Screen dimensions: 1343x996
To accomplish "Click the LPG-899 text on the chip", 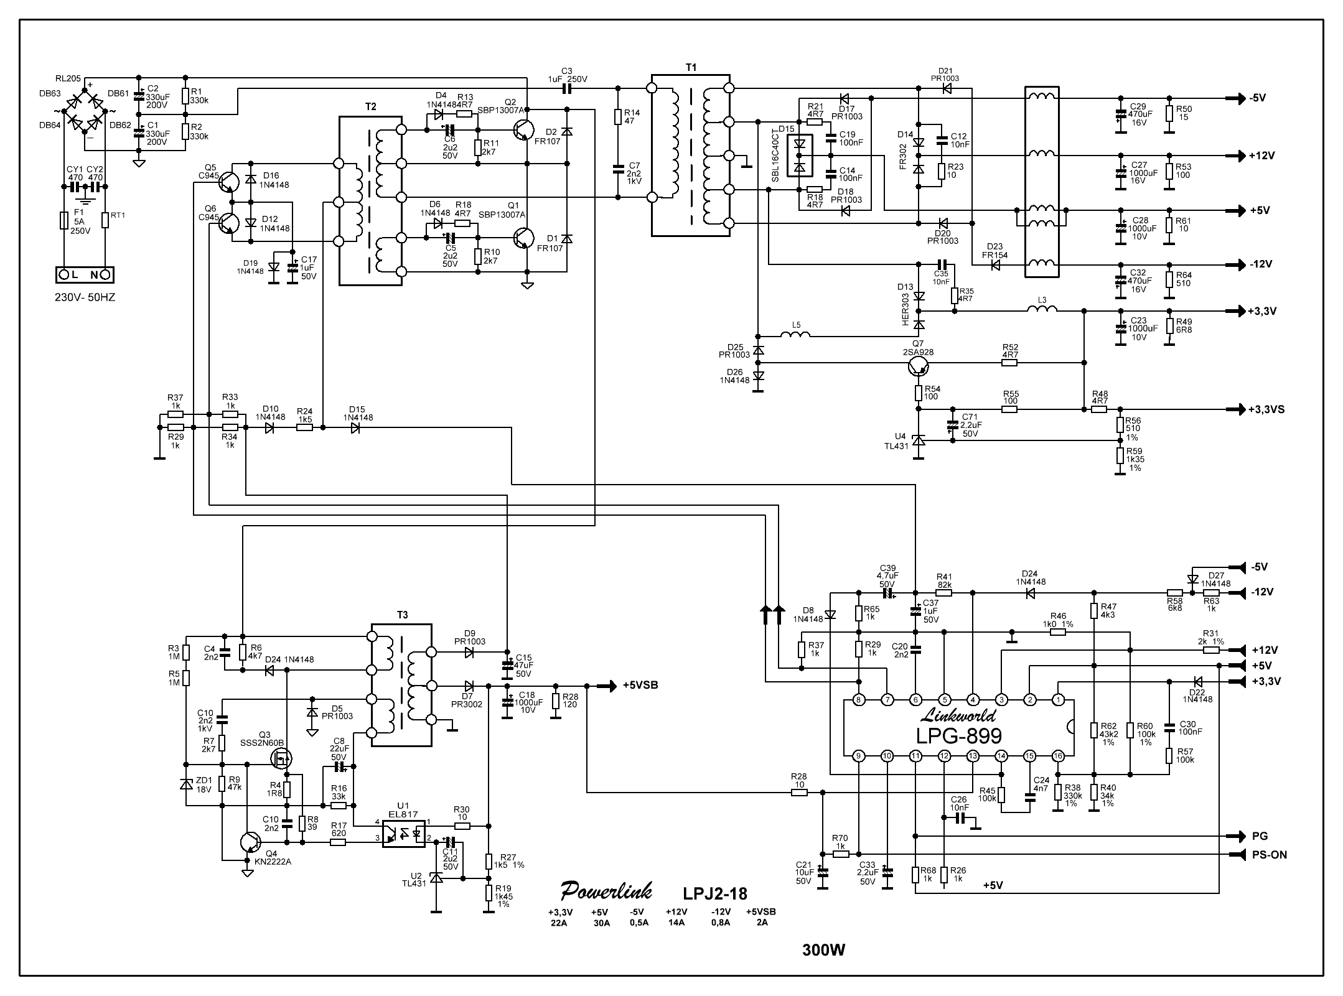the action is (x=958, y=736).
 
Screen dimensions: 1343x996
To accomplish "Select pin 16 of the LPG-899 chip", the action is (x=1058, y=756).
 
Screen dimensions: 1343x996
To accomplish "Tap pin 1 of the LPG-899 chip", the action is (x=1058, y=700).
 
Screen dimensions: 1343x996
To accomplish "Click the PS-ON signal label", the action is (x=1269, y=855).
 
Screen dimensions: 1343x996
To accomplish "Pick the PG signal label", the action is (x=1260, y=836).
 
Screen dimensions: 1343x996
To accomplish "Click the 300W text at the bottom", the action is (x=824, y=950).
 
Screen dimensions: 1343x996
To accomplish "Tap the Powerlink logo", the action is (x=606, y=891).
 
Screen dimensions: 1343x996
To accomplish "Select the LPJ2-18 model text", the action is (x=715, y=894).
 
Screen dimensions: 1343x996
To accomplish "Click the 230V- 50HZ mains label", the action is (x=85, y=297).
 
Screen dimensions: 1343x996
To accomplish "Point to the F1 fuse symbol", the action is (x=63, y=220).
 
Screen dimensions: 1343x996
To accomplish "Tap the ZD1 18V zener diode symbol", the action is (x=185, y=784).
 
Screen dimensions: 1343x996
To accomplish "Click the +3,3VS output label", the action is (x=1266, y=409).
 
